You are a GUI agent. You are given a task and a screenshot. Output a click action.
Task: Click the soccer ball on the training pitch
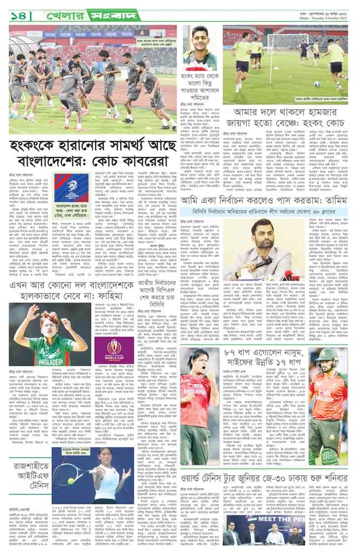point(317,84)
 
